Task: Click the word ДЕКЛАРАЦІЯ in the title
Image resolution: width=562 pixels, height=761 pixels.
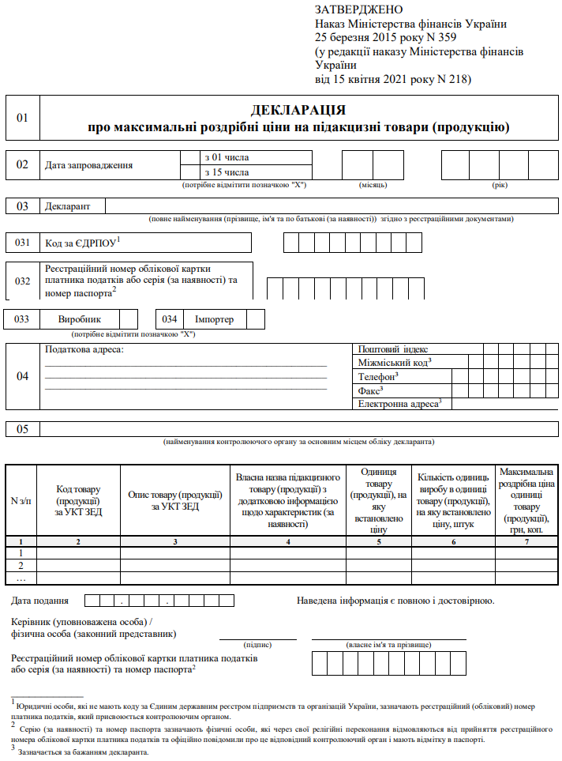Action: (x=298, y=110)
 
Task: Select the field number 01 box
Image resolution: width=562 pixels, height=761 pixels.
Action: (x=22, y=118)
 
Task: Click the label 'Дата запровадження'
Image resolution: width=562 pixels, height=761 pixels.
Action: (x=88, y=165)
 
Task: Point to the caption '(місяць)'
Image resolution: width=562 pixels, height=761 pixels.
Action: (x=373, y=184)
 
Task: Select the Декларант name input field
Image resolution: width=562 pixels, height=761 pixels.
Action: (x=331, y=206)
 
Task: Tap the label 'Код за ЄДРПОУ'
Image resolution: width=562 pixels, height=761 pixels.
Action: (x=82, y=242)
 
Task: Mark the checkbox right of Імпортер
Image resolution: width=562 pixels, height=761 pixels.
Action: (x=256, y=319)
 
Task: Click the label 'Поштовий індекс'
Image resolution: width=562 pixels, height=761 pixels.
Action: (x=393, y=348)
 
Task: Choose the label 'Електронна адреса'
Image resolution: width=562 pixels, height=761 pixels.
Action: (x=399, y=404)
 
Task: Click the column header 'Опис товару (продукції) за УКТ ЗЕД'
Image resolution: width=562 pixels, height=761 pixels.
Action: (x=174, y=500)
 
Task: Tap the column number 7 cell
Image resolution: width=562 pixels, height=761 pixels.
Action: (x=526, y=541)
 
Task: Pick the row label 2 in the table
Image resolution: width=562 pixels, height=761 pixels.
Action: (x=21, y=566)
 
